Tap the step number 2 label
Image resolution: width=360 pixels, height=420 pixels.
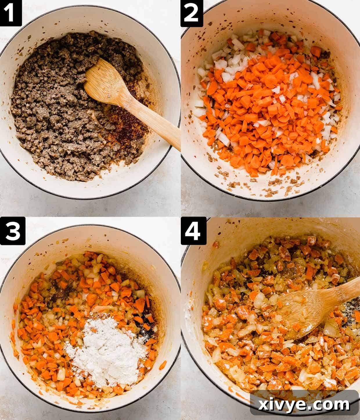click(x=192, y=13)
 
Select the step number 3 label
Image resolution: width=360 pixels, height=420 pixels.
click(x=12, y=231)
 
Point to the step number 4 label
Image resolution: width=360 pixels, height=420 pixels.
click(x=193, y=231)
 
